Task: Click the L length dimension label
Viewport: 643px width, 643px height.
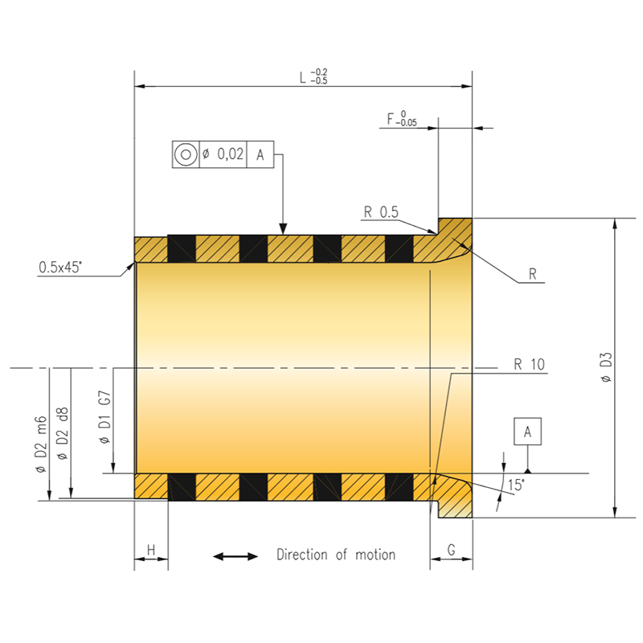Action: click(313, 76)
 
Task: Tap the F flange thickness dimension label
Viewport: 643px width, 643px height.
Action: click(402, 118)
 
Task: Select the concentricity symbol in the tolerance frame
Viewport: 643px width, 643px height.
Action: click(186, 154)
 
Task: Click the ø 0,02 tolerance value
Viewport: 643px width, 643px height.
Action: click(223, 154)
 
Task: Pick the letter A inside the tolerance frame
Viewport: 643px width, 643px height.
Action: click(260, 155)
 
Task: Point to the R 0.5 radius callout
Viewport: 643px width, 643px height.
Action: click(381, 212)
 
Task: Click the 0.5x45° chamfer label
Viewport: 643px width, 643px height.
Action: click(60, 268)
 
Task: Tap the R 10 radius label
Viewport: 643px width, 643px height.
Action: click(529, 364)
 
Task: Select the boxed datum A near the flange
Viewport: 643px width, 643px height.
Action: click(528, 432)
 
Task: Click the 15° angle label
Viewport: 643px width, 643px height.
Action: click(516, 485)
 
